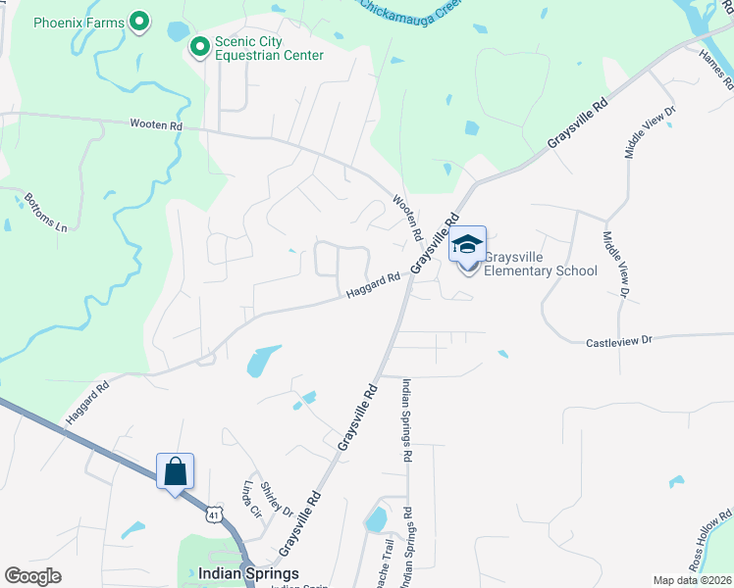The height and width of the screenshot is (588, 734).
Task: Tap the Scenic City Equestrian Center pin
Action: coord(200,46)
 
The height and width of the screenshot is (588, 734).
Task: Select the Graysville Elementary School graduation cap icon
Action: coord(468,245)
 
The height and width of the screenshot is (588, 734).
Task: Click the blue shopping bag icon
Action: coord(176,471)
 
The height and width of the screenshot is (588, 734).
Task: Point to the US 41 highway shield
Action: coord(214,513)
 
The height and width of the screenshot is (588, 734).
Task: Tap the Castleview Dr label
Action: coord(619,343)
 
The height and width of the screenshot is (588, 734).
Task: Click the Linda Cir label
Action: coord(251,499)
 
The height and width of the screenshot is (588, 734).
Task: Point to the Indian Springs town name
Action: coord(248,572)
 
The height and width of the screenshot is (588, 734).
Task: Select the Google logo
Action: coord(33,576)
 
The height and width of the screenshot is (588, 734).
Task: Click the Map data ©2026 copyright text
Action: coord(692,580)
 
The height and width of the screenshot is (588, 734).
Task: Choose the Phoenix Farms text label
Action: coord(79,22)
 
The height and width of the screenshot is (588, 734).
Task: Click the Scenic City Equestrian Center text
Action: coord(270,49)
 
